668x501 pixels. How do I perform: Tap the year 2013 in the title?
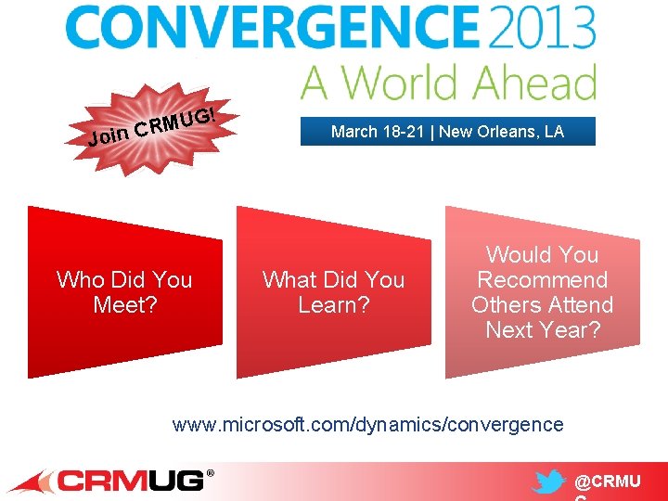pyautogui.click(x=540, y=30)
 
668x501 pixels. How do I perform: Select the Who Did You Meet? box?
pyautogui.click(x=124, y=292)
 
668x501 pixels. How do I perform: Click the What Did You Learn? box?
pyautogui.click(x=333, y=292)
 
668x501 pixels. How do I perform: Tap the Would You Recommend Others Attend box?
pyautogui.click(x=542, y=292)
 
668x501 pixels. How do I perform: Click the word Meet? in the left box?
pyautogui.click(x=124, y=305)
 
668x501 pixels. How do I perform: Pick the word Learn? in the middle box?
pyautogui.click(x=333, y=305)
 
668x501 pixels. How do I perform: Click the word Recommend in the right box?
pyautogui.click(x=542, y=280)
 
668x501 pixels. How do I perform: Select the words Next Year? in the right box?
pyautogui.click(x=542, y=330)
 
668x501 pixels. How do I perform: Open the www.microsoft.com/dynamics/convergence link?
pyautogui.click(x=368, y=425)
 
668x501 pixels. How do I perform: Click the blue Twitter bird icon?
pyautogui.click(x=549, y=482)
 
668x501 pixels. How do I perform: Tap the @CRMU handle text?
pyautogui.click(x=608, y=482)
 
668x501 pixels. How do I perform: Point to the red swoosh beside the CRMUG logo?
pyautogui.click(x=32, y=482)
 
